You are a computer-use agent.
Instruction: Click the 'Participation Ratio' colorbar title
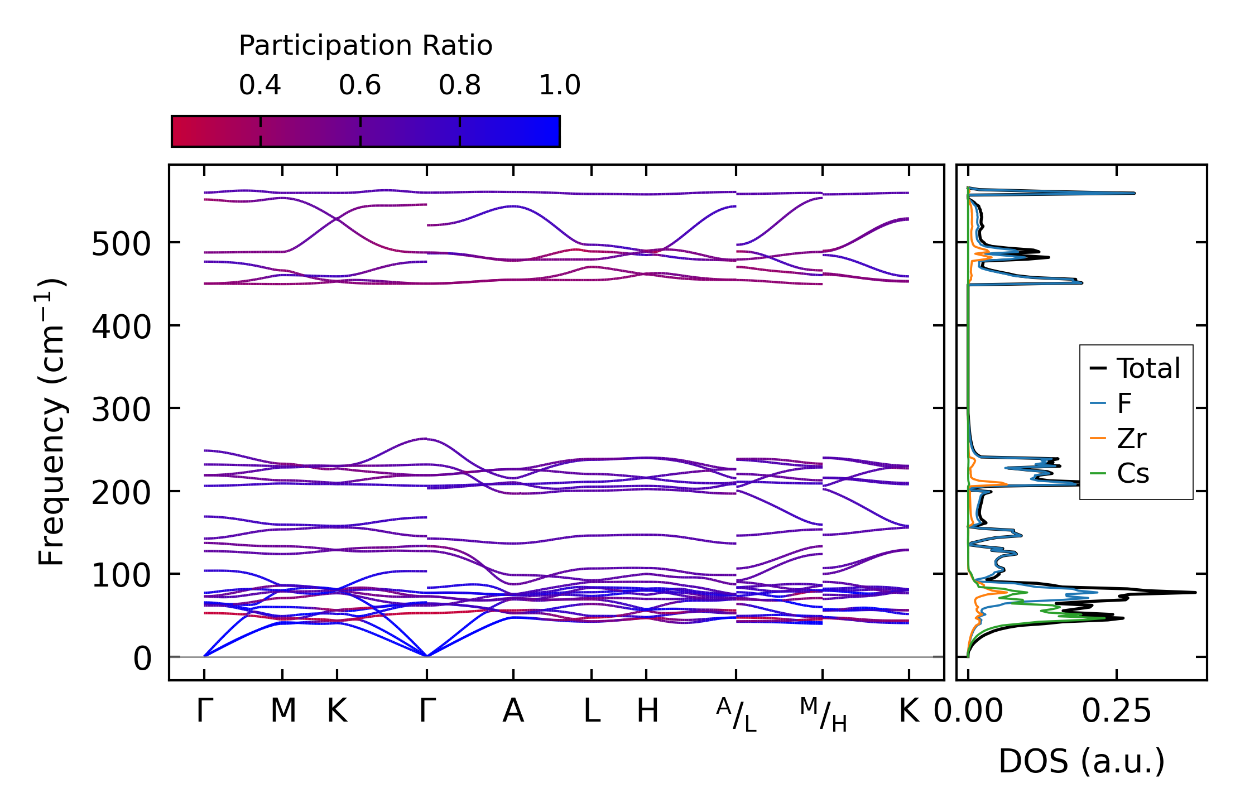pos(366,46)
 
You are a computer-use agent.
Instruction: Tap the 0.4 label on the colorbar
pos(260,85)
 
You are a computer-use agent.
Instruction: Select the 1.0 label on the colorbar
pos(560,85)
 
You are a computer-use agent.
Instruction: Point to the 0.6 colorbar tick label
pos(360,85)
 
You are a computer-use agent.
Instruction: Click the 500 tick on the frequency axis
pos(121,244)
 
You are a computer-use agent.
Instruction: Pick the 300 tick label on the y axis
pos(121,410)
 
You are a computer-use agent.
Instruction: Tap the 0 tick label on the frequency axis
pos(142,659)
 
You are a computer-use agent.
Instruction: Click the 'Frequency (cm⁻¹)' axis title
pos(52,422)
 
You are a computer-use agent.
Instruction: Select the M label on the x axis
pos(283,711)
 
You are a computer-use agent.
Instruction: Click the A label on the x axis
pos(513,711)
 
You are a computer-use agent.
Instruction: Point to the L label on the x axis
pos(592,711)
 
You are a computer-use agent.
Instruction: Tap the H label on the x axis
pos(647,711)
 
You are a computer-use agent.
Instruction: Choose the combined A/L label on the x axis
pos(737,714)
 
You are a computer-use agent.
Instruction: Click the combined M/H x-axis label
pos(823,714)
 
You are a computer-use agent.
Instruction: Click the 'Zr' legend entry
pos(1132,439)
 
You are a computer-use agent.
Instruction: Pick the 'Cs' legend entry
pos(1133,474)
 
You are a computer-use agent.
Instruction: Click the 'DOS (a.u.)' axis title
pos(1082,761)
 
